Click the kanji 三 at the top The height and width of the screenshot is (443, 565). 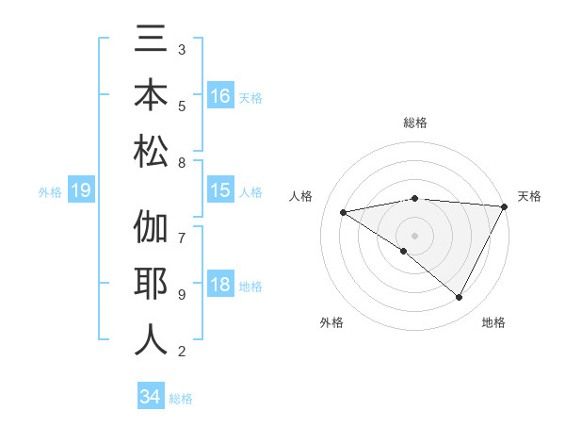[x=152, y=41]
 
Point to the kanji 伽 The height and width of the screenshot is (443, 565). [x=152, y=229]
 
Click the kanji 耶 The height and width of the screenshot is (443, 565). [x=152, y=284]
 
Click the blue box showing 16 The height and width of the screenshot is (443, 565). [x=220, y=96]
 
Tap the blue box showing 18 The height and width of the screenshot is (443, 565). [x=220, y=286]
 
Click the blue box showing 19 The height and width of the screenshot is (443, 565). [x=80, y=191]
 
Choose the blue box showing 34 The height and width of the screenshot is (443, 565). [x=151, y=397]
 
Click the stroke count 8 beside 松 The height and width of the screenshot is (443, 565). [x=182, y=163]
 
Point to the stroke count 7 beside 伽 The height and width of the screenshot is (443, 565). [x=182, y=229]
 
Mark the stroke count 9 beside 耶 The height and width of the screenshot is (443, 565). [x=182, y=295]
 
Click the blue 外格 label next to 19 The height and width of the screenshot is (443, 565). [x=50, y=192]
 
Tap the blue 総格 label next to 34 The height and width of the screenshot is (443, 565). [x=181, y=399]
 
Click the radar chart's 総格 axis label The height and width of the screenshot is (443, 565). [x=414, y=123]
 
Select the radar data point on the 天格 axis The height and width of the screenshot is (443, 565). [x=505, y=206]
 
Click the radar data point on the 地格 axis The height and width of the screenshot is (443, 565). [x=460, y=298]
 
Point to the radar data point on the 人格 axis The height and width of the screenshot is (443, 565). [x=344, y=212]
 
